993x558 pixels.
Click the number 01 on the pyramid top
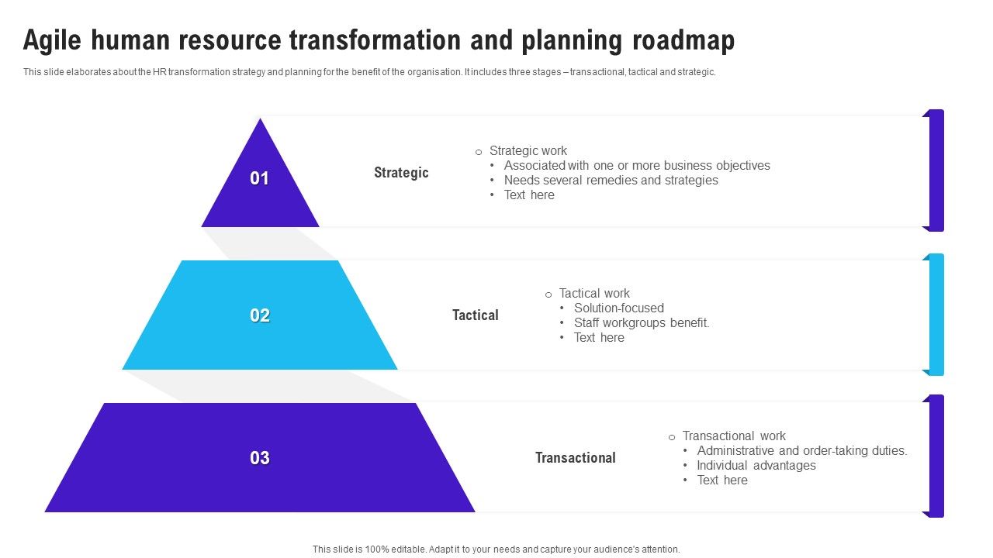259,179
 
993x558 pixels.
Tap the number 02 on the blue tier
259,315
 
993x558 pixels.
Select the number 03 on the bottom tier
259,458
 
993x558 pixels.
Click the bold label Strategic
400,173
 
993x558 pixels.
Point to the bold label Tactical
475,315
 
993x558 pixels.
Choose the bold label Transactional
575,458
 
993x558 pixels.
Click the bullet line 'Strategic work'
528,151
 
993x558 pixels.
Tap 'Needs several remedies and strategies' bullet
611,181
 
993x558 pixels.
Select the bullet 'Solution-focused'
618,308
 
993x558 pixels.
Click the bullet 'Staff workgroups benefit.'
642,323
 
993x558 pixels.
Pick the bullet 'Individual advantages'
756,466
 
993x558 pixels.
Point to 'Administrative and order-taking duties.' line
801,451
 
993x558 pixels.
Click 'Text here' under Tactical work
599,338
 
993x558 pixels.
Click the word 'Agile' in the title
53,40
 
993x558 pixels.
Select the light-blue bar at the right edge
936,315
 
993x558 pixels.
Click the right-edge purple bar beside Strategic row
936,170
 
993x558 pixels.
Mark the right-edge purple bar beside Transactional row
936,456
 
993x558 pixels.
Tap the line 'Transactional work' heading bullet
733,436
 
